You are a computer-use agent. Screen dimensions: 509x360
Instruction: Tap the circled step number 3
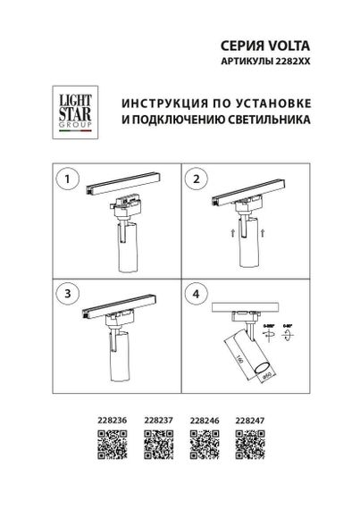pos(63,293)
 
